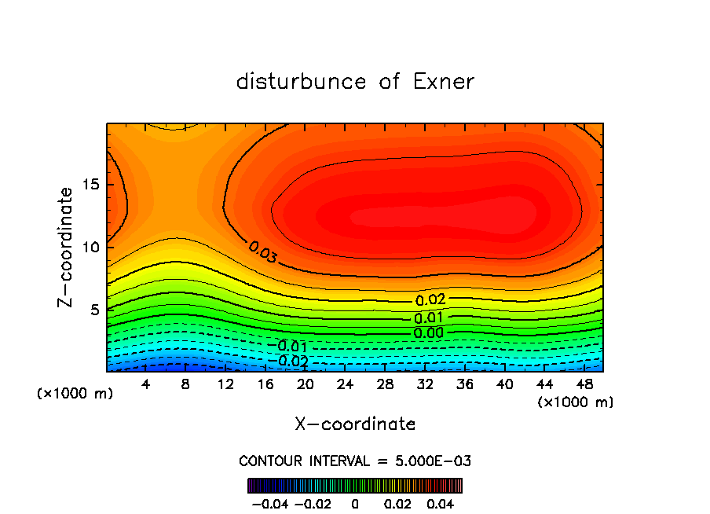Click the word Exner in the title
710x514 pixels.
click(444, 82)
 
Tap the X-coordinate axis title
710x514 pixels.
click(355, 424)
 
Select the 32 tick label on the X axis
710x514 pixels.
click(425, 384)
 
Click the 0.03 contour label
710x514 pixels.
click(262, 251)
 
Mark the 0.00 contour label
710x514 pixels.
click(430, 333)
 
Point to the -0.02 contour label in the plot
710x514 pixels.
click(291, 362)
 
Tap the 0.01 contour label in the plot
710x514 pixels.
click(430, 318)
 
